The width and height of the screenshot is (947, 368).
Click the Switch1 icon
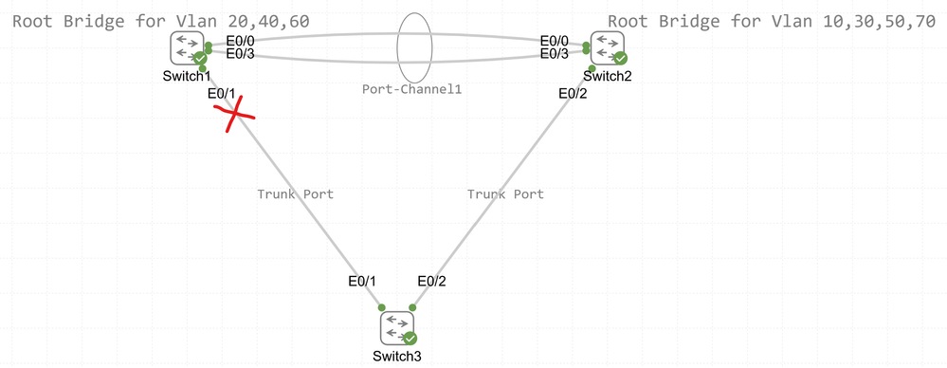187,48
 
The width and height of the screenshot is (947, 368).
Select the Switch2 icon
607,48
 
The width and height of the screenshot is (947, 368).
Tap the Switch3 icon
398,328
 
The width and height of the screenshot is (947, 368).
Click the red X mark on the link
233,117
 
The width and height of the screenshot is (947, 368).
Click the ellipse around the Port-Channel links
414,46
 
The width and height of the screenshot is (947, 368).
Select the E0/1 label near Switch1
220,93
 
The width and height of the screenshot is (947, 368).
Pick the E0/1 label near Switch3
362,281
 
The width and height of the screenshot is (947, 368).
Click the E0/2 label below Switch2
573,93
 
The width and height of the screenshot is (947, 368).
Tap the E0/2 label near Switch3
433,281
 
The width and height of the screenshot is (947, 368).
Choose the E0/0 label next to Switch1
240,41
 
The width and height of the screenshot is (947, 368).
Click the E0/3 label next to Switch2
554,55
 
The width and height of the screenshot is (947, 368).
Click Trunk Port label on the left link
295,193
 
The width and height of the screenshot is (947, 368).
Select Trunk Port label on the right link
505,193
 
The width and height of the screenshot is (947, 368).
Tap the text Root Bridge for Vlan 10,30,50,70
772,20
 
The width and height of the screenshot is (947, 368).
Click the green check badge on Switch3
410,338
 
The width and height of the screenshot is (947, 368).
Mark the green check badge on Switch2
620,58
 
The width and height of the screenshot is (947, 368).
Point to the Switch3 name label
397,356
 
